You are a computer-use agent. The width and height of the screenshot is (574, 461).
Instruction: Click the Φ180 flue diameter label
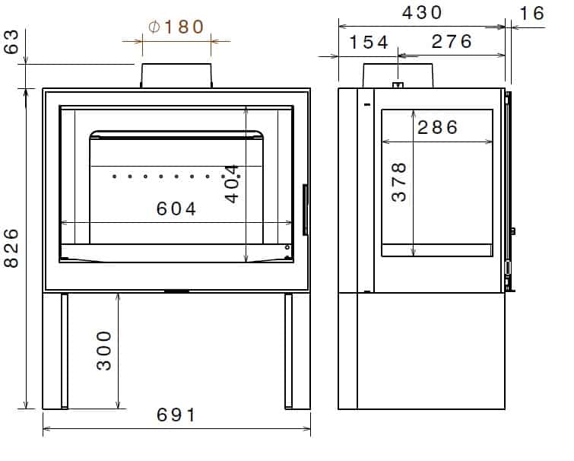coord(176,27)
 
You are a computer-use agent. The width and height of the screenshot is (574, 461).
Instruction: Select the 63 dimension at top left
coord(11,42)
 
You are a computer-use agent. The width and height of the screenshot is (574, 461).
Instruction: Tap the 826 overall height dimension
coord(11,248)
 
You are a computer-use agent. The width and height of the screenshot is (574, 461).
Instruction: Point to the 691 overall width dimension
coord(176,415)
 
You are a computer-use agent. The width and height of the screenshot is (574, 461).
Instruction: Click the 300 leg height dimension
coord(104,351)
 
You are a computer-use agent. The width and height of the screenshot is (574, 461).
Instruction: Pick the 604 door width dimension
coord(176,208)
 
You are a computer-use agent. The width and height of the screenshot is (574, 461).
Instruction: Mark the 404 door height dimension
coord(232,184)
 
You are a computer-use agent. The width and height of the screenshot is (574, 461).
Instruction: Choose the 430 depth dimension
coord(422,13)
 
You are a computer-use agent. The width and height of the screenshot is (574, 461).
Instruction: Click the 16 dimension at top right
coord(531,14)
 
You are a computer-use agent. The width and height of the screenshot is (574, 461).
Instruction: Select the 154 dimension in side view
coord(368,42)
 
